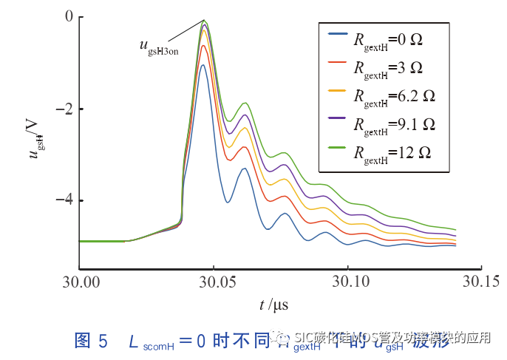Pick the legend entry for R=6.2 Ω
point(394,95)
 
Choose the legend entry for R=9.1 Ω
point(394,123)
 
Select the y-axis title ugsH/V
point(35,142)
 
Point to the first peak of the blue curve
point(203,65)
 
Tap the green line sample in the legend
point(336,149)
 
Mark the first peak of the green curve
point(204,21)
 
